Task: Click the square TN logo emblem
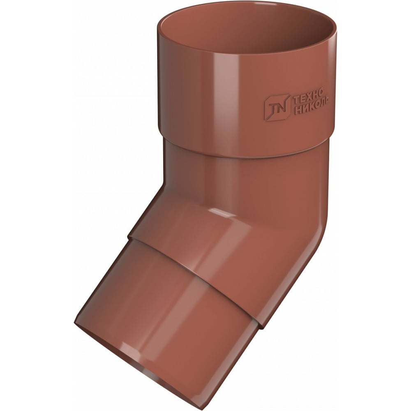(277, 107)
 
